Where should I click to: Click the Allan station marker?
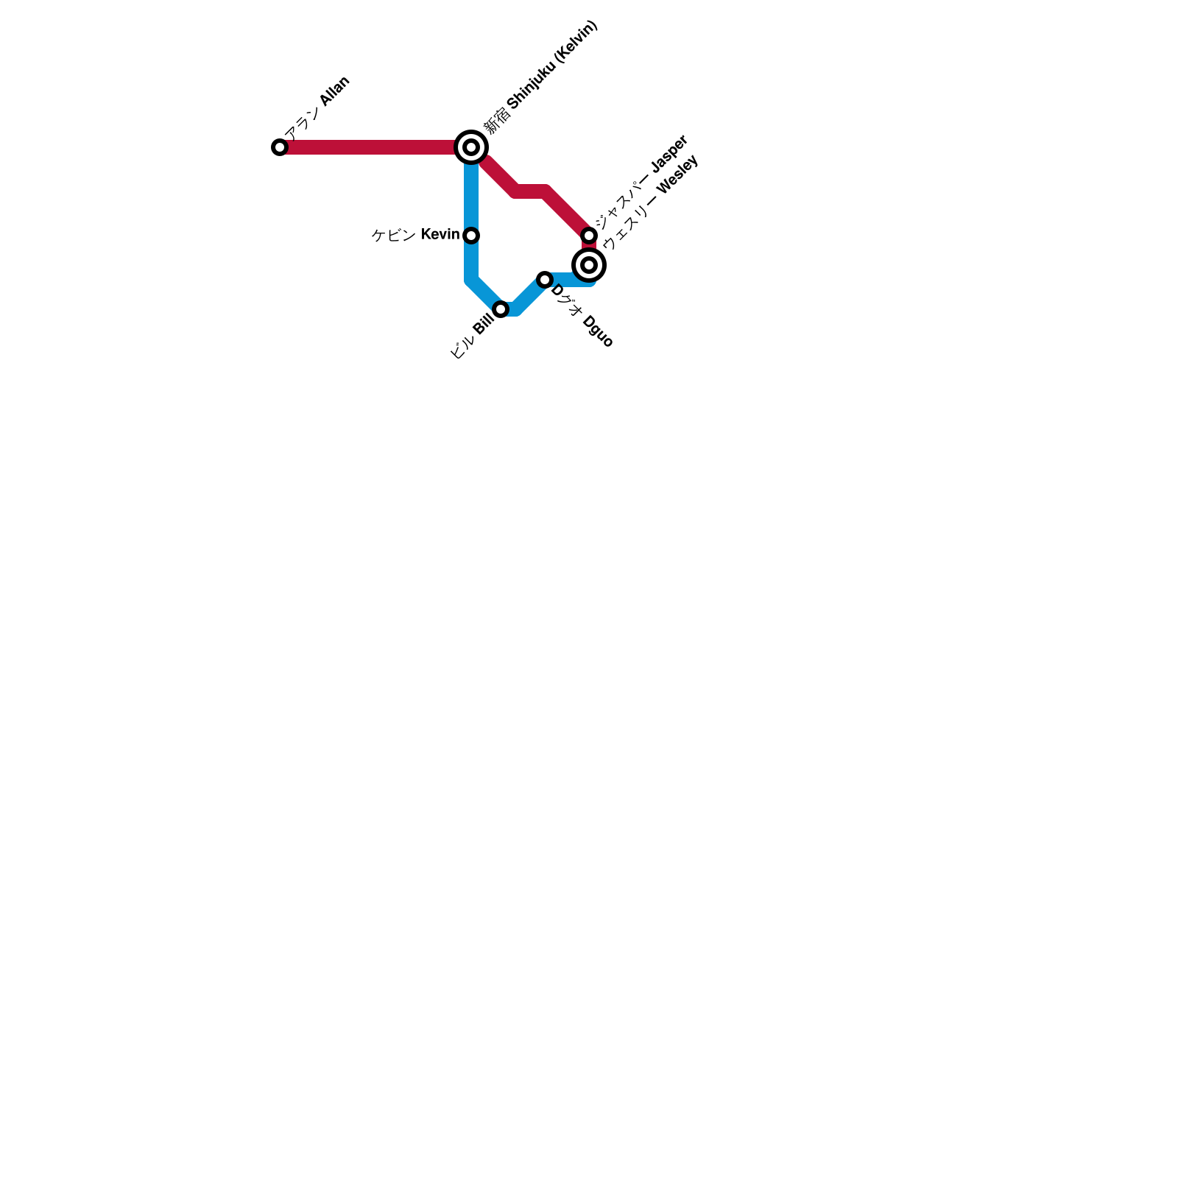pyautogui.click(x=280, y=147)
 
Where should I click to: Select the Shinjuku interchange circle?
pyautogui.click(x=471, y=147)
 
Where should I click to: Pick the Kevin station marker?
pyautogui.click(x=471, y=236)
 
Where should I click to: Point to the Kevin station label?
pyautogui.click(x=415, y=235)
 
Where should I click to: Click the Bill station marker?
pyautogui.click(x=501, y=309)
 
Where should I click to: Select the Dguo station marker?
pyautogui.click(x=545, y=280)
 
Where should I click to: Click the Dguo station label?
pyautogui.click(x=581, y=316)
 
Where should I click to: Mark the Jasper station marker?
pyautogui.click(x=589, y=236)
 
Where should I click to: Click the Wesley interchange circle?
pyautogui.click(x=589, y=265)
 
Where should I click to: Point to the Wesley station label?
pyautogui.click(x=649, y=203)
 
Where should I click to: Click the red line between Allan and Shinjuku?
pyautogui.click(x=368, y=147)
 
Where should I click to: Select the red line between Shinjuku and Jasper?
pyautogui.click(x=532, y=191)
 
